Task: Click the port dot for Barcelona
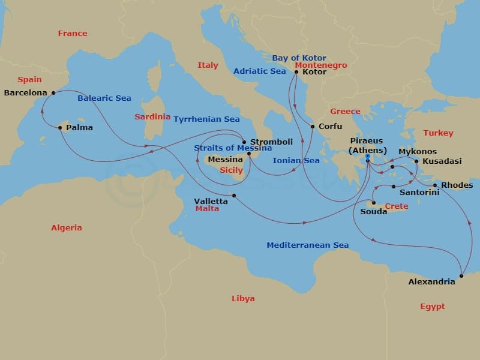coord(53,92)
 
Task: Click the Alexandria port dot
coord(461,276)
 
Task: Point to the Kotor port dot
coord(296,72)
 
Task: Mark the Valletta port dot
coord(234,196)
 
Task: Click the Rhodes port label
coord(457,185)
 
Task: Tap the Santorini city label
coord(419,192)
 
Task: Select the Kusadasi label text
coord(442,161)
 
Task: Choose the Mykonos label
coord(418,152)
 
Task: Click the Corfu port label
coord(330,127)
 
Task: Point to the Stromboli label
coord(271,142)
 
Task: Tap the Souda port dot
coord(372,203)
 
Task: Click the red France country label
coord(73,34)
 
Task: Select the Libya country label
coord(243,298)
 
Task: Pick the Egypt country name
coord(432,306)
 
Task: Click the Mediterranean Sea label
coord(307,245)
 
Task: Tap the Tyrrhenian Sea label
coord(206,119)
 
